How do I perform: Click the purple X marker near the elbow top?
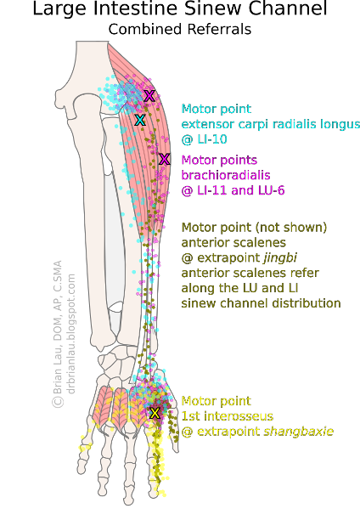click(149, 95)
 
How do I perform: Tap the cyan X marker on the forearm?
click(140, 121)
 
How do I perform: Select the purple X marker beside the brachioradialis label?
click(164, 159)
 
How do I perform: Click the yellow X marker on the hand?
click(154, 413)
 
